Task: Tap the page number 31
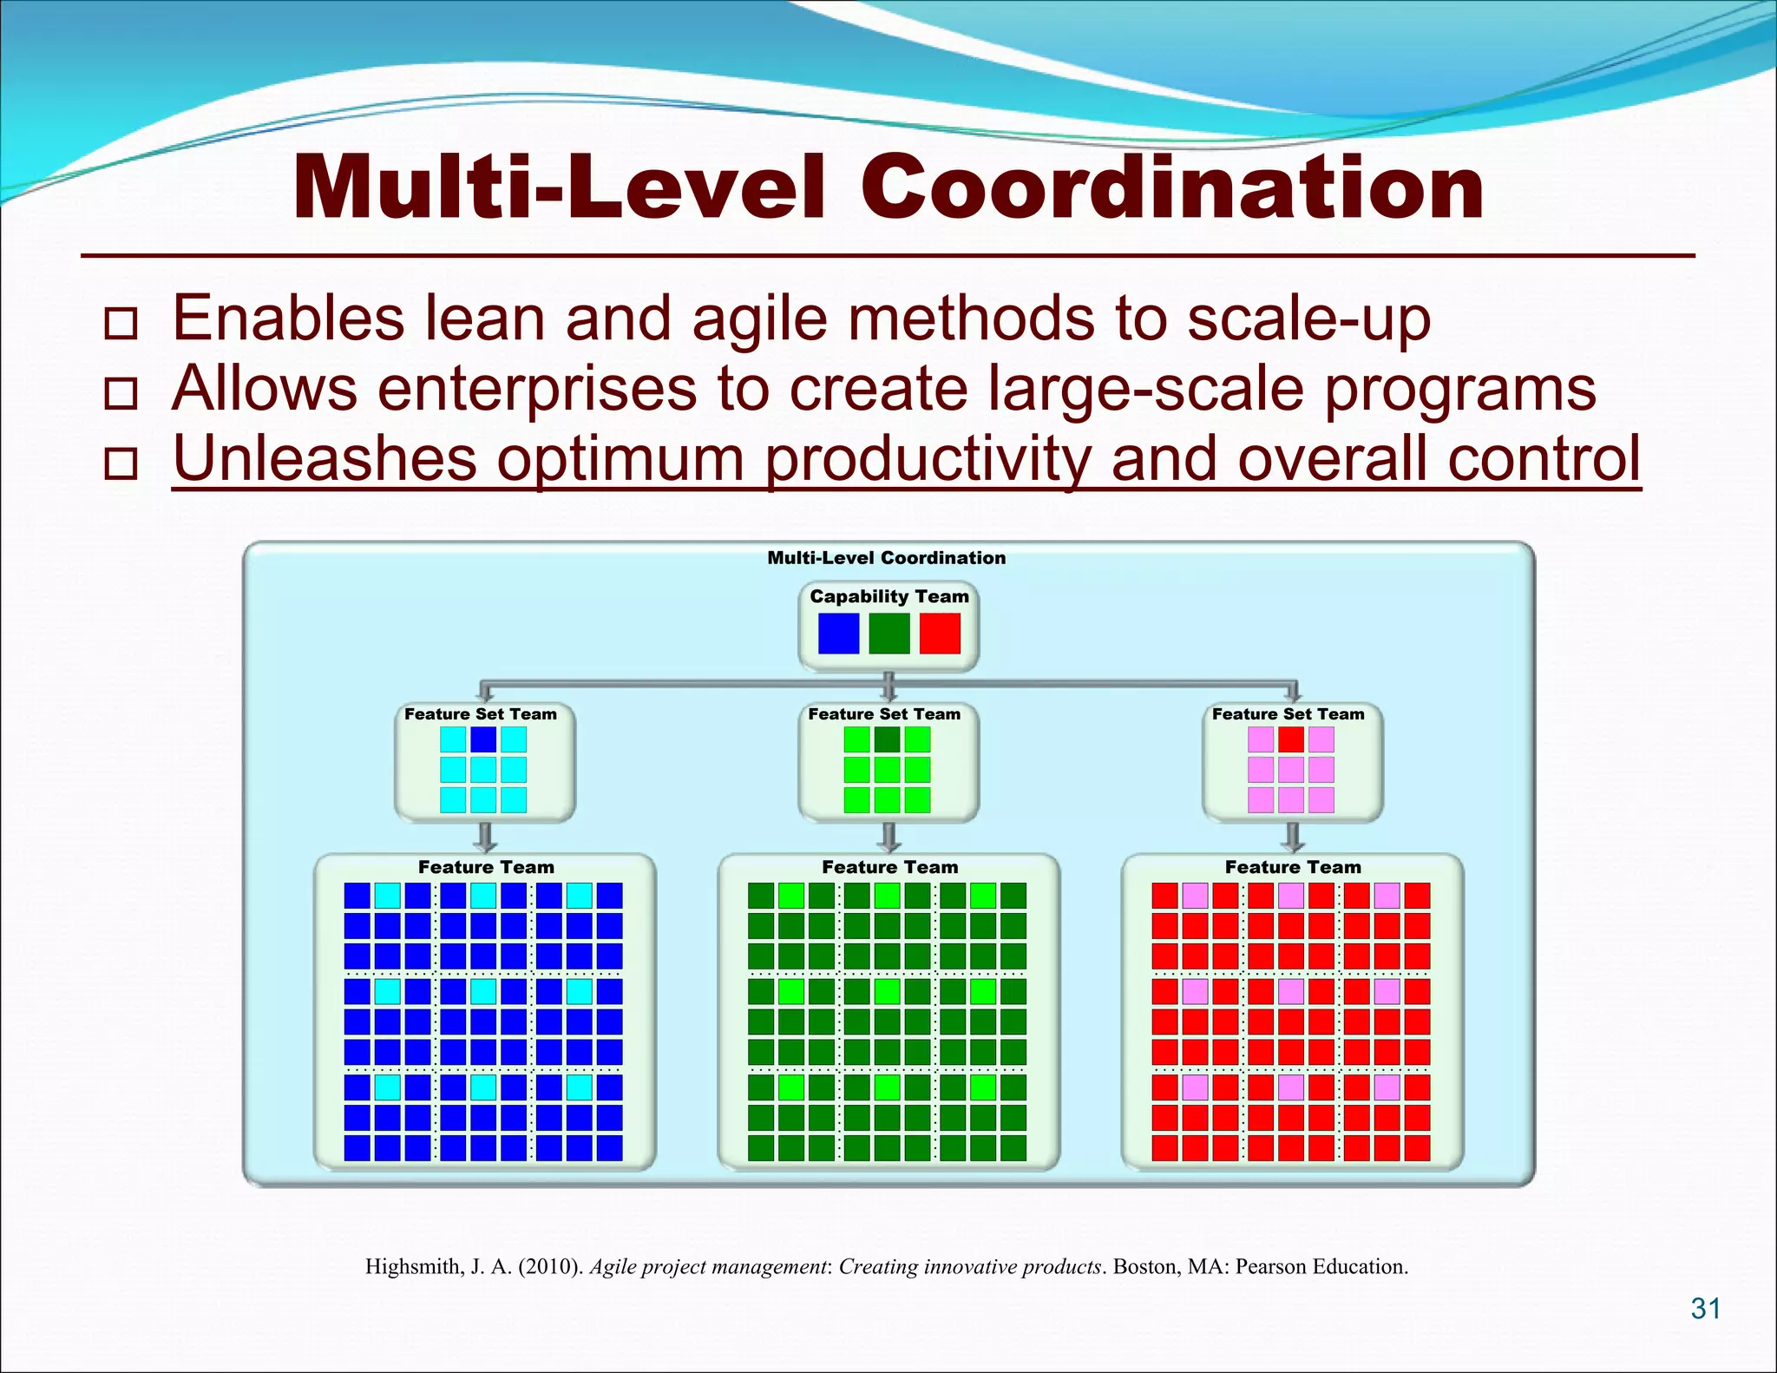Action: [1706, 1308]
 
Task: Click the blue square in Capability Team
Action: [838, 634]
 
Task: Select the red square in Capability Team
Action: [940, 634]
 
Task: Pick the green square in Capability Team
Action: [888, 634]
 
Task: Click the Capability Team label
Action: [888, 596]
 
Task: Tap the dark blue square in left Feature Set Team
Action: [483, 739]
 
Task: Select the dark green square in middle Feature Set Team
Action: [887, 739]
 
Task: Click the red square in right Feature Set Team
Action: [1291, 739]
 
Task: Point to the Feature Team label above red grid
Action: [1292, 867]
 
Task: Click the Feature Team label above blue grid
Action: [485, 867]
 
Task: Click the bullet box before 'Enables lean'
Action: [121, 323]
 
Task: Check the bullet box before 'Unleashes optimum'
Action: [121, 463]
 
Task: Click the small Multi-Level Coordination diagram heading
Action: [886, 558]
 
